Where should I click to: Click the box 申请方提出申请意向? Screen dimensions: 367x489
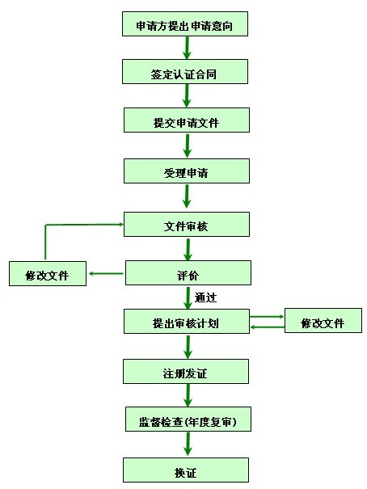point(185,24)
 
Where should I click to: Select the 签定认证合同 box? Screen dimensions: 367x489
point(185,72)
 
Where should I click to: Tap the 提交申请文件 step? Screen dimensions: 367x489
point(187,120)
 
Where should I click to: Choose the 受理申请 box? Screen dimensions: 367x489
point(187,171)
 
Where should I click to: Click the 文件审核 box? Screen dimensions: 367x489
point(187,224)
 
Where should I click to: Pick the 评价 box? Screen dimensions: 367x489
point(188,273)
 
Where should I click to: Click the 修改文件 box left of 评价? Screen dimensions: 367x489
point(48,273)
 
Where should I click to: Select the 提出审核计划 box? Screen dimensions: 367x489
point(187,322)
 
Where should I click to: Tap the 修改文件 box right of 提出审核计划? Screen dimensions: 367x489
point(323,321)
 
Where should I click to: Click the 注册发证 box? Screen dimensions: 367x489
point(186,372)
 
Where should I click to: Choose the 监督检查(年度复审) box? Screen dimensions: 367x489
point(188,419)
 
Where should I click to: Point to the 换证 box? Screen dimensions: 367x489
point(186,470)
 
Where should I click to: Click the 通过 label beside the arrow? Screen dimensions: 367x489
point(205,297)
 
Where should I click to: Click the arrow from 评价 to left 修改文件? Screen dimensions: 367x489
point(106,273)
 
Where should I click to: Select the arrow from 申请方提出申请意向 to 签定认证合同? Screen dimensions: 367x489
point(187,48)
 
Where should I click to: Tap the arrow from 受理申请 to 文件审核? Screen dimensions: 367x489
point(187,196)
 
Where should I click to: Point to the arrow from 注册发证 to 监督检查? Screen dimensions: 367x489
point(188,395)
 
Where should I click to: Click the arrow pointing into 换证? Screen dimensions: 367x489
point(188,444)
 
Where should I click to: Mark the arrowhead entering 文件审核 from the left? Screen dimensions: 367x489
point(120,224)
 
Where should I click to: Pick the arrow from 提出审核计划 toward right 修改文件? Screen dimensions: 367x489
point(267,317)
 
